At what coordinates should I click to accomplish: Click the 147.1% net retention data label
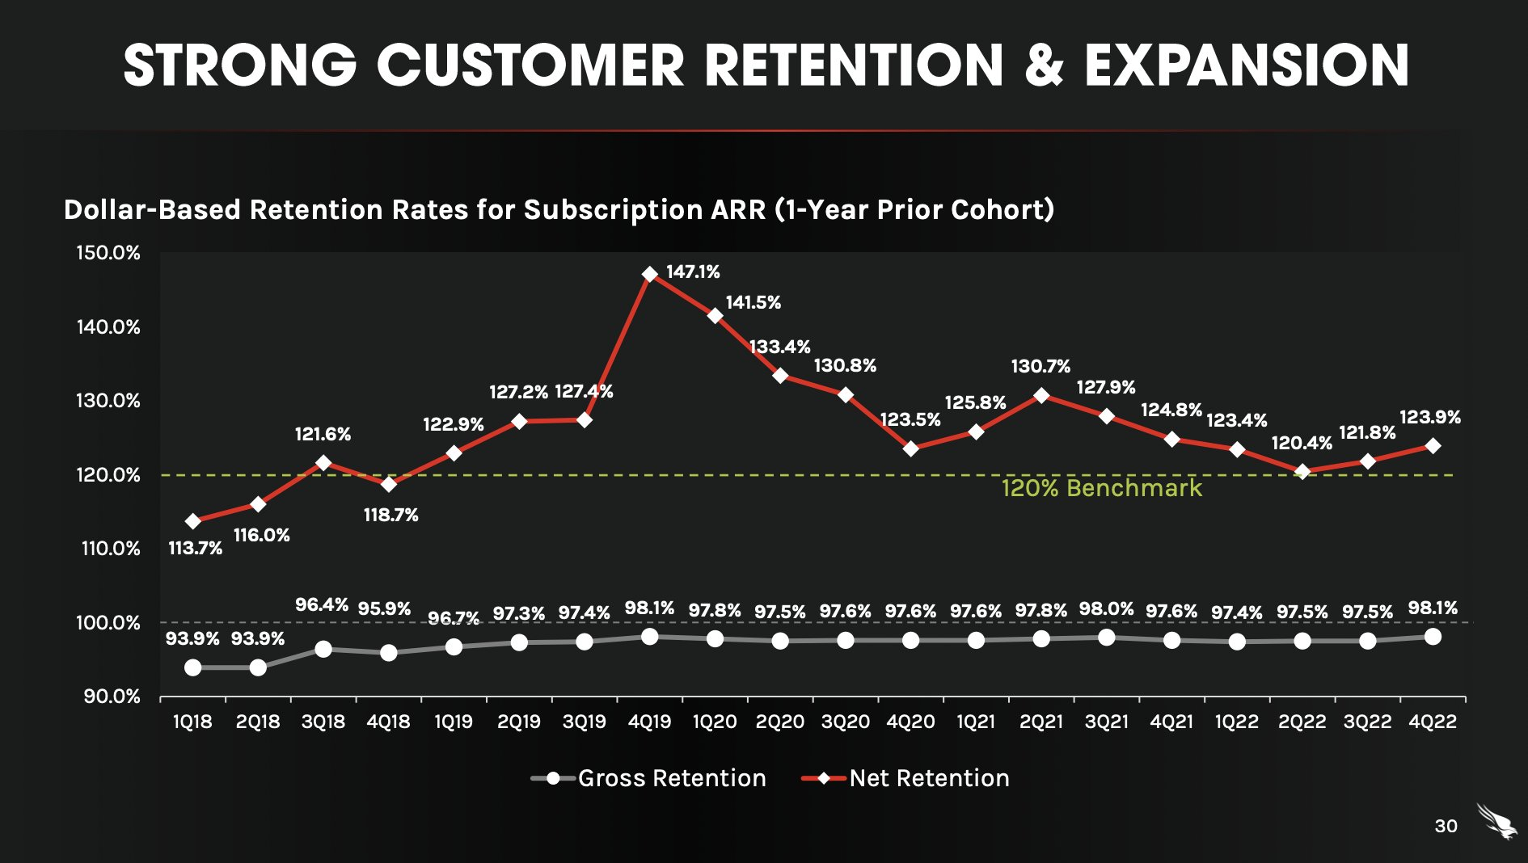(693, 272)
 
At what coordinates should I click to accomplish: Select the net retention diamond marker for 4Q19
(650, 275)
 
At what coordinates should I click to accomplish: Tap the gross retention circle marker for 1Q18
(192, 667)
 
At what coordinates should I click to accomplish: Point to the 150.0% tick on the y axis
(108, 253)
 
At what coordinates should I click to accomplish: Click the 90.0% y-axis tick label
(112, 697)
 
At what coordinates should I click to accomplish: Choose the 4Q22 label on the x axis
(1432, 722)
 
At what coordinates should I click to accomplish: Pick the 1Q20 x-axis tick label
(715, 722)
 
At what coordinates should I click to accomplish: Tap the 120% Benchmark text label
(1101, 488)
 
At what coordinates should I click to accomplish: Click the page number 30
(1446, 826)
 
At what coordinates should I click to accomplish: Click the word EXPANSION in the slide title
(1247, 66)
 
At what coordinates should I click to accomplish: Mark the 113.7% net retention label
(195, 549)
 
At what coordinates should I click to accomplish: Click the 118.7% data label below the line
(390, 516)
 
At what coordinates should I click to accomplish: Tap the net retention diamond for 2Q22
(1302, 472)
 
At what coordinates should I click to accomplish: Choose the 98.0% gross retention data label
(1106, 609)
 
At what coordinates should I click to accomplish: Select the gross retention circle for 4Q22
(1433, 637)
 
